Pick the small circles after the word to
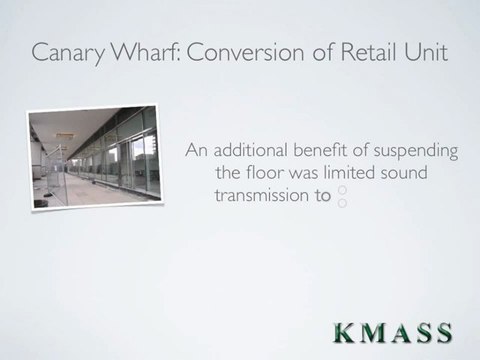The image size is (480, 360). [x=342, y=197]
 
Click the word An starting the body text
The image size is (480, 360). [x=197, y=151]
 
